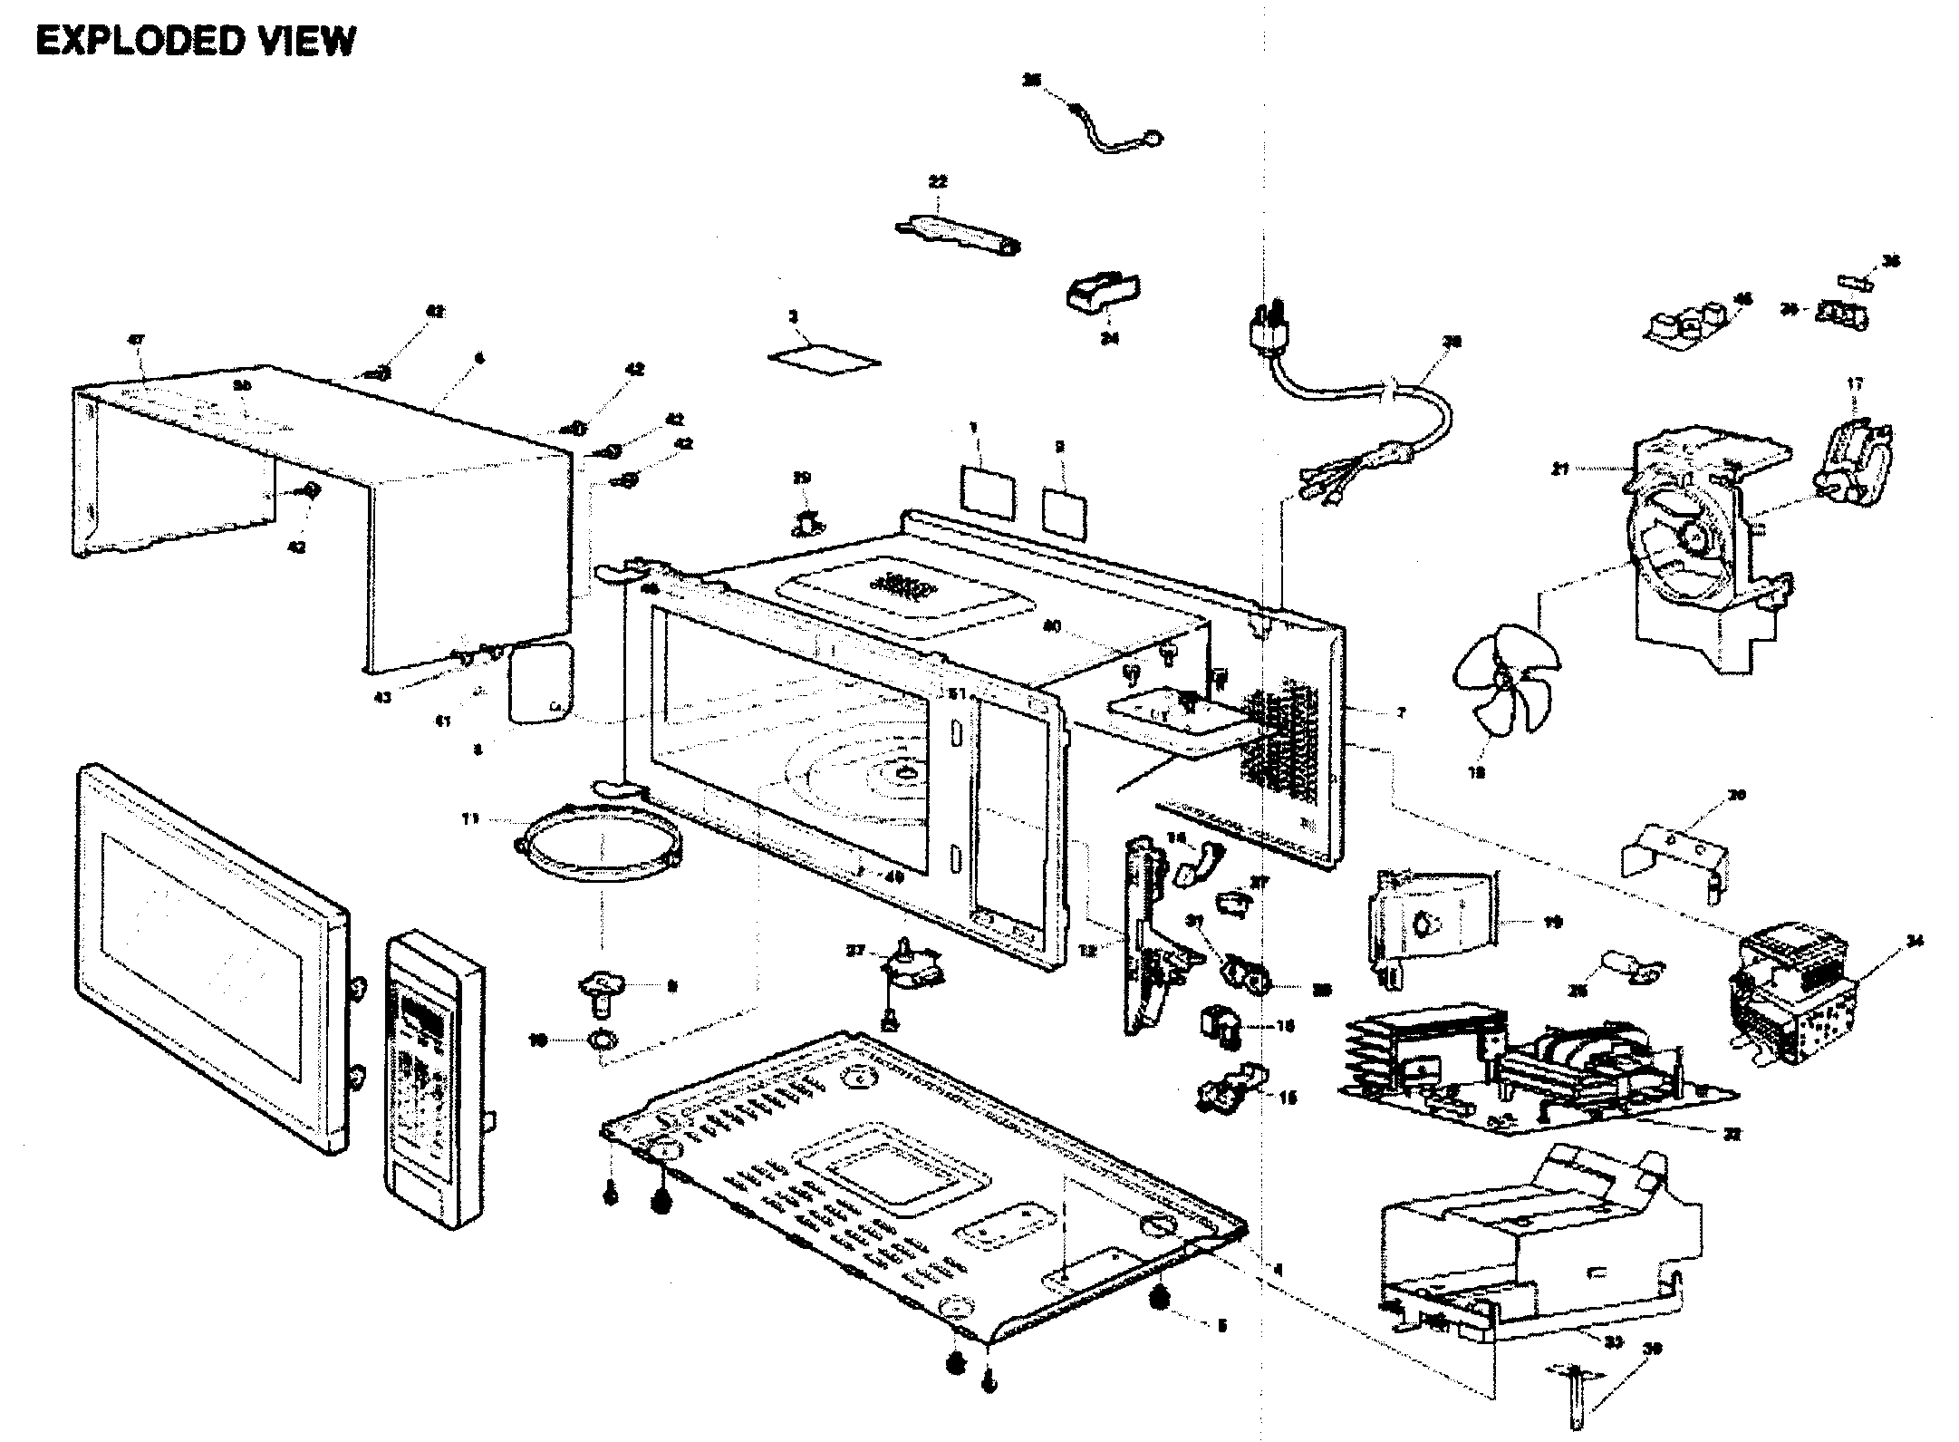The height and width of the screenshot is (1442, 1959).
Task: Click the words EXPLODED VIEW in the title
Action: tap(195, 41)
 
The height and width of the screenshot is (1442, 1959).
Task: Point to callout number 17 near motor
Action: tap(1854, 384)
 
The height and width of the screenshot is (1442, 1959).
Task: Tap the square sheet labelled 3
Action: tap(824, 358)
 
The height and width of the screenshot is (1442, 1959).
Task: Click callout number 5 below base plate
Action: tap(1221, 1327)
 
